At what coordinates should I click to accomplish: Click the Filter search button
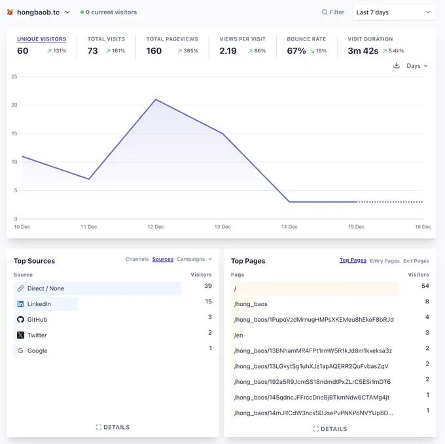[332, 12]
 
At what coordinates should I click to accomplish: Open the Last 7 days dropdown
[394, 12]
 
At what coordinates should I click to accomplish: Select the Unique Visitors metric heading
[41, 39]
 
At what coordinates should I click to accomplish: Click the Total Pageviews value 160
[154, 51]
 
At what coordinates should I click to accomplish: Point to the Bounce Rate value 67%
[296, 51]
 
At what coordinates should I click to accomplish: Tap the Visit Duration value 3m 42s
[363, 51]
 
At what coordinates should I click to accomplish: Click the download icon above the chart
[397, 65]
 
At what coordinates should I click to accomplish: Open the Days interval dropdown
[417, 66]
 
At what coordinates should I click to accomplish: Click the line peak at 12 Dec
[156, 99]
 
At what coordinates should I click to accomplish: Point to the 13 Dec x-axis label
[222, 227]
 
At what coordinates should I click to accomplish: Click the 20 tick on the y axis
[14, 105]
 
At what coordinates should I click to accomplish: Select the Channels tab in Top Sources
[137, 259]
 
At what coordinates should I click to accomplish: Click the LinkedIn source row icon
[20, 304]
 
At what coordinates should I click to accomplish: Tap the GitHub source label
[37, 320]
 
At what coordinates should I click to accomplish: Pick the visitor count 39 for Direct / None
[208, 286]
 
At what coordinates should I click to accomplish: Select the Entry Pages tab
[385, 261]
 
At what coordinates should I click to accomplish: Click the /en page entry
[238, 335]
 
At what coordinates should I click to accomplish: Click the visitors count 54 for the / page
[425, 286]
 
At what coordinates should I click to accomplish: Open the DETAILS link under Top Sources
[113, 427]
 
